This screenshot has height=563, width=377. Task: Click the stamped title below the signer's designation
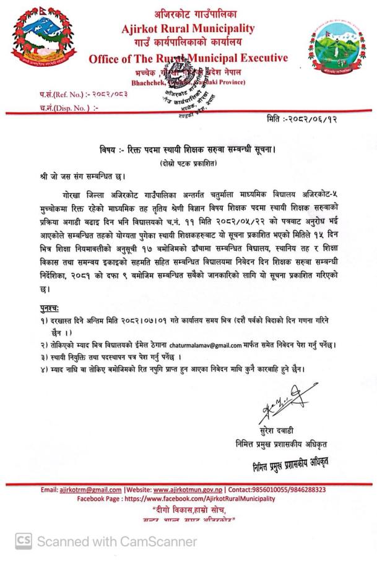coord(284,461)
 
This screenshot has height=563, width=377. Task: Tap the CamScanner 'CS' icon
coord(24,542)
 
